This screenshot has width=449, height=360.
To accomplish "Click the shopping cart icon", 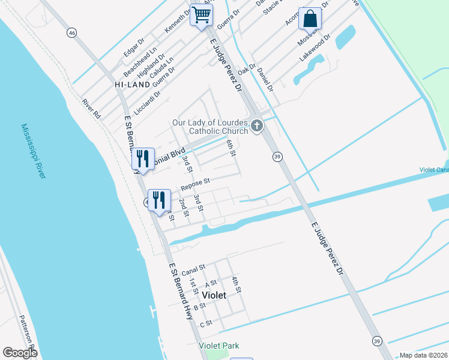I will [x=202, y=15].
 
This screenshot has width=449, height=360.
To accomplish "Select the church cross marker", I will [x=257, y=126].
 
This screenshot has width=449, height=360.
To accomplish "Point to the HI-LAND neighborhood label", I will [x=132, y=85].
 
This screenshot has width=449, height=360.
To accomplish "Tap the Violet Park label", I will [x=219, y=346].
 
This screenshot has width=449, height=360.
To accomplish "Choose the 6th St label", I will [x=231, y=148].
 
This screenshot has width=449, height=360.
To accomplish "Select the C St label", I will [x=206, y=323].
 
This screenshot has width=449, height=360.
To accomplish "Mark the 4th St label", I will [x=237, y=285].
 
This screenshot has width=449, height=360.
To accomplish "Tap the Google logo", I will [x=20, y=353].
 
